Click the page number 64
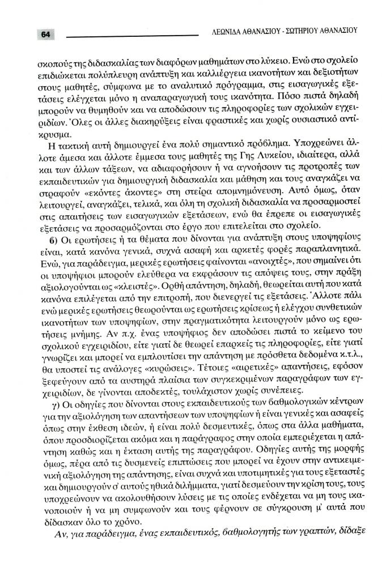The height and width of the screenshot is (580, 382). [45, 35]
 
